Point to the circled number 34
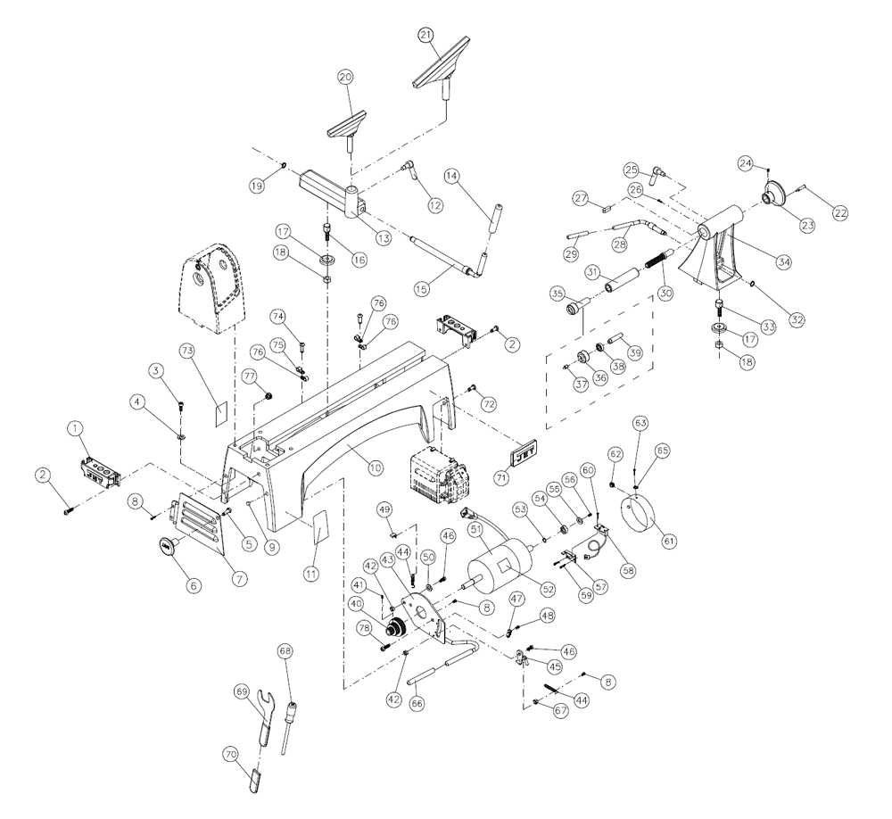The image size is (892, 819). point(782,261)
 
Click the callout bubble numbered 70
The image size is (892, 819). point(231,755)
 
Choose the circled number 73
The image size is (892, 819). point(187,352)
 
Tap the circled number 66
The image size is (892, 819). point(415,703)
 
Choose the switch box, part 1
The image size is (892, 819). point(101,469)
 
